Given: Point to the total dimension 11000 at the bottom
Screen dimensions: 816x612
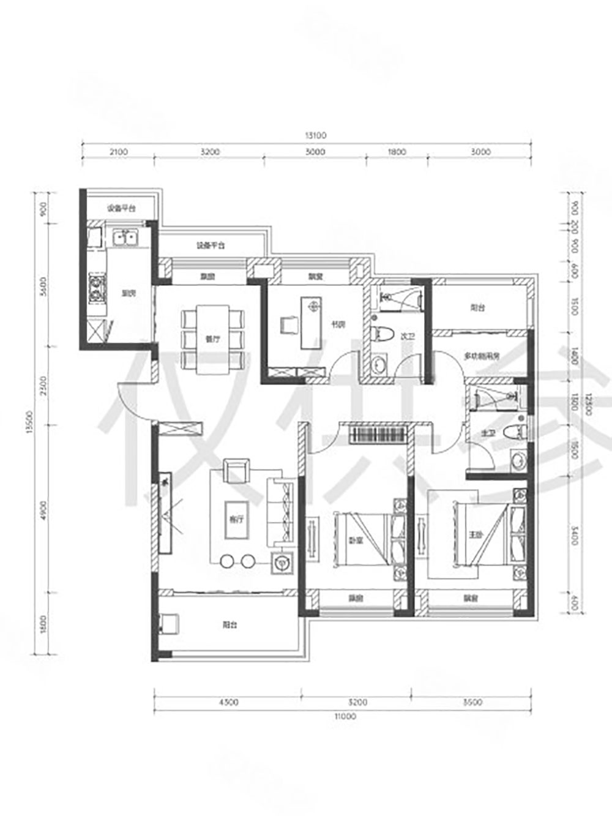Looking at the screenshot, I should click(345, 716).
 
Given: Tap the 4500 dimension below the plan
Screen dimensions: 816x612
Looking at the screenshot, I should click(228, 702).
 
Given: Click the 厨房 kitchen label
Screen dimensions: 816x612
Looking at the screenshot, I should click(129, 294).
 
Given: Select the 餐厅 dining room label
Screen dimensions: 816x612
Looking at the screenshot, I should click(213, 339).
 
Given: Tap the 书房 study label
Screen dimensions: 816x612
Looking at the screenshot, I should click(338, 324).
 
